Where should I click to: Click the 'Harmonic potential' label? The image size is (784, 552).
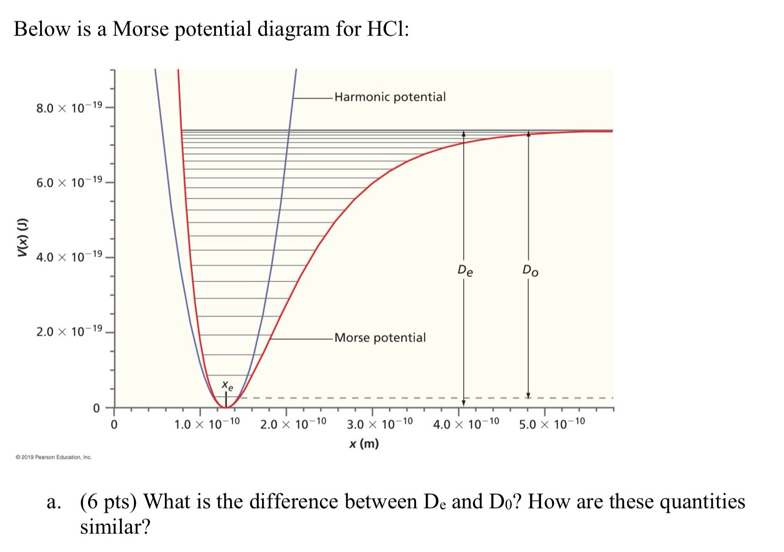tap(390, 97)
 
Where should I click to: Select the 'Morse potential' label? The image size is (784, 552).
tap(380, 338)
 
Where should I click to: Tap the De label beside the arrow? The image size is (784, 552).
tap(465, 270)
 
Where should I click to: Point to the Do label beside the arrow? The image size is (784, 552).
tap(530, 270)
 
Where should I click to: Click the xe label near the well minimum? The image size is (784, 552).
tap(228, 385)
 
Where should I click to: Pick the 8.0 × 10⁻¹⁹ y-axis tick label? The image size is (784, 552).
tap(69, 106)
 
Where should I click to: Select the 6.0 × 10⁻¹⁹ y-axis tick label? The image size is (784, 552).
tap(69, 182)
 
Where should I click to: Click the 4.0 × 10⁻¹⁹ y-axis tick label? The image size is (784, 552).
tap(69, 257)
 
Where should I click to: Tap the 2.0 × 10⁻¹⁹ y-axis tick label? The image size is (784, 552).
tap(69, 331)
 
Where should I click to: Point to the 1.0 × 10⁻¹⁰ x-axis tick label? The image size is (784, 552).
tap(207, 424)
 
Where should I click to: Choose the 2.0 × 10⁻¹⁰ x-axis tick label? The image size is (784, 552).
tap(293, 424)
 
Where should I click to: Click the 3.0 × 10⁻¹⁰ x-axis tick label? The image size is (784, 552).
tap(380, 424)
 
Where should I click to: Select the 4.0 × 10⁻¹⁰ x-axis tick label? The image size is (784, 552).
tap(466, 424)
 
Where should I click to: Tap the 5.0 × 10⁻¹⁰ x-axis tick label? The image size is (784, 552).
tap(552, 424)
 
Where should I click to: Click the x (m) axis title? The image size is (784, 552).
tap(364, 444)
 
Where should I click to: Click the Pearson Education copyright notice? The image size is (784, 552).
tap(54, 457)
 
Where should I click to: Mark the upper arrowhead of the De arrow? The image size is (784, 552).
tap(464, 134)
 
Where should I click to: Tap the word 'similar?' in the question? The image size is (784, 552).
tap(115, 526)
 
